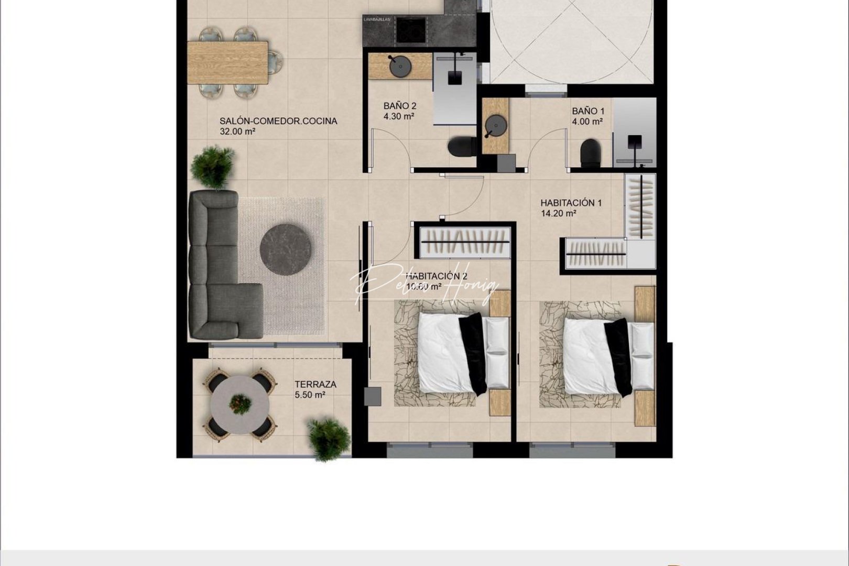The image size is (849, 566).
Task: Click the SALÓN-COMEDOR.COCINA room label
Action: pyautogui.click(x=278, y=121)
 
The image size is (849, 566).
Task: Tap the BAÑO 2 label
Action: pyautogui.click(x=400, y=106)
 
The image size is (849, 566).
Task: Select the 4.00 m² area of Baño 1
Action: pyautogui.click(x=587, y=122)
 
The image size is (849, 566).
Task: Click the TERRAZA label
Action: pyautogui.click(x=315, y=384)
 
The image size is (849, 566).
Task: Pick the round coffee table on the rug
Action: pyautogui.click(x=286, y=249)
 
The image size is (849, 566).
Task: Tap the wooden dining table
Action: pyautogui.click(x=228, y=62)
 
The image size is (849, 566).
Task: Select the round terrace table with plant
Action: pyautogui.click(x=240, y=404)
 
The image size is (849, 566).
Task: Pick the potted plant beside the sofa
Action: pyautogui.click(x=213, y=167)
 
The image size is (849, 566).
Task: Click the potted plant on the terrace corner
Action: pyautogui.click(x=328, y=439)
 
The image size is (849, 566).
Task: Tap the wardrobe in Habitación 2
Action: pyautogui.click(x=465, y=242)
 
